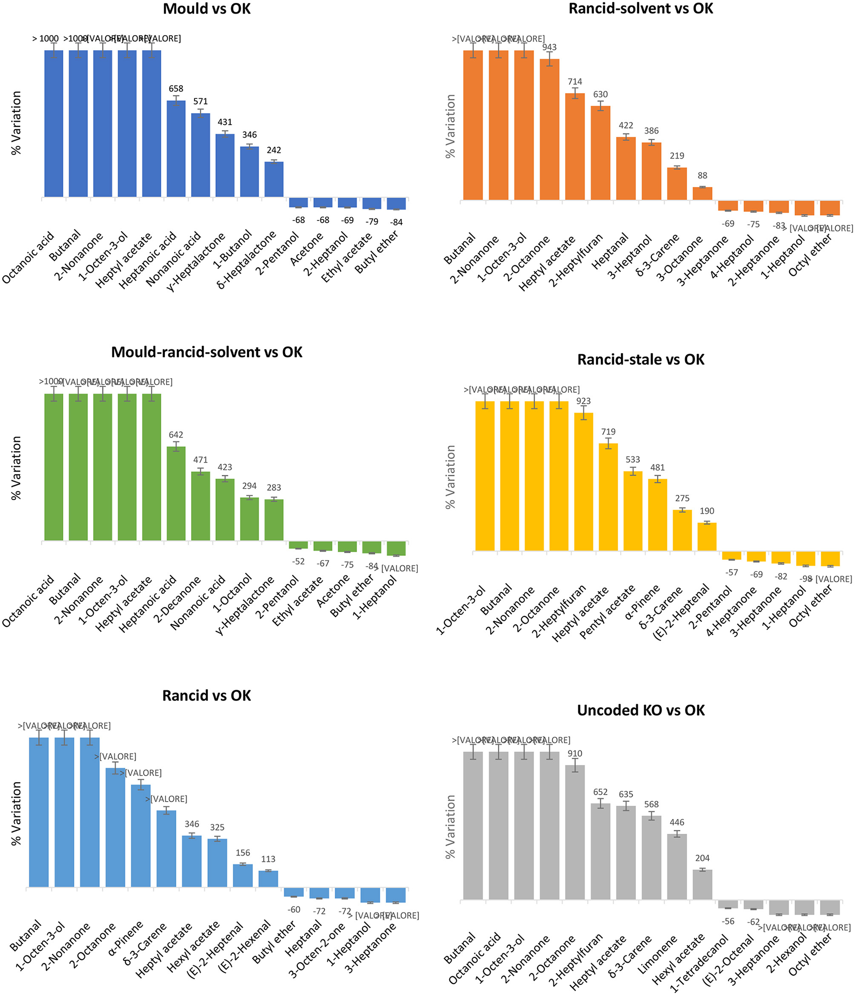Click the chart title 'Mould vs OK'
point(207,9)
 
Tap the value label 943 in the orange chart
point(549,47)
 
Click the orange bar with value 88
point(702,193)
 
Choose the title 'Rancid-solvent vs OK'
point(640,9)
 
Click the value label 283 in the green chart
point(274,488)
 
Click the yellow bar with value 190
point(706,536)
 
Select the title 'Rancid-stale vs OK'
point(640,359)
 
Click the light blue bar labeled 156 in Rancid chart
point(242,875)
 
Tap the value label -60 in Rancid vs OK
point(293,910)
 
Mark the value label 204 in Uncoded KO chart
point(702,858)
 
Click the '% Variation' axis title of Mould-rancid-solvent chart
point(16,468)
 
